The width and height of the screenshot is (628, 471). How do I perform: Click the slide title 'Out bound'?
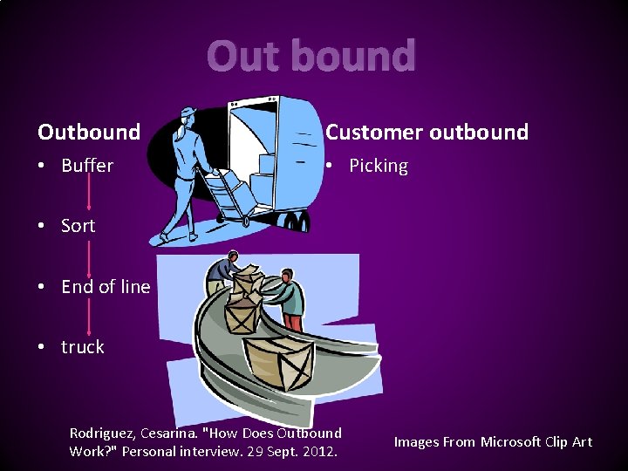[x=311, y=57]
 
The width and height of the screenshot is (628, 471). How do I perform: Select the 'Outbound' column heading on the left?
[x=89, y=133]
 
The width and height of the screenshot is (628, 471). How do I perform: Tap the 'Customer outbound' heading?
[x=427, y=133]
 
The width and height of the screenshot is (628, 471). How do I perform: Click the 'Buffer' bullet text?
[x=87, y=166]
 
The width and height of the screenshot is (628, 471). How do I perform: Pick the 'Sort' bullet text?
[x=78, y=226]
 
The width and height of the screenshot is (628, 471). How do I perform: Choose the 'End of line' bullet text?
[x=106, y=287]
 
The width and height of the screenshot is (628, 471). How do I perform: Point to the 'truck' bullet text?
[x=83, y=347]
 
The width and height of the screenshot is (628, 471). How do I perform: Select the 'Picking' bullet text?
[x=379, y=166]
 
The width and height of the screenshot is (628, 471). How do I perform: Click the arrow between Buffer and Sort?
[x=89, y=195]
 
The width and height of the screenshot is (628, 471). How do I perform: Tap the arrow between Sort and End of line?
[x=89, y=256]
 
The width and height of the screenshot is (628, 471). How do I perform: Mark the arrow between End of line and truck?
[x=89, y=317]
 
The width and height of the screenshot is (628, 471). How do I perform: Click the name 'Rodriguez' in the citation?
[x=103, y=433]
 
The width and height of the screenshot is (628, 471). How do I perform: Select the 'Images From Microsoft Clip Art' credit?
[x=493, y=442]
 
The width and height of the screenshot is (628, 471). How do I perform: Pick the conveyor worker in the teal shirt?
[x=290, y=295]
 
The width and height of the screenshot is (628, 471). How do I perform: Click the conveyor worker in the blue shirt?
[x=224, y=271]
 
